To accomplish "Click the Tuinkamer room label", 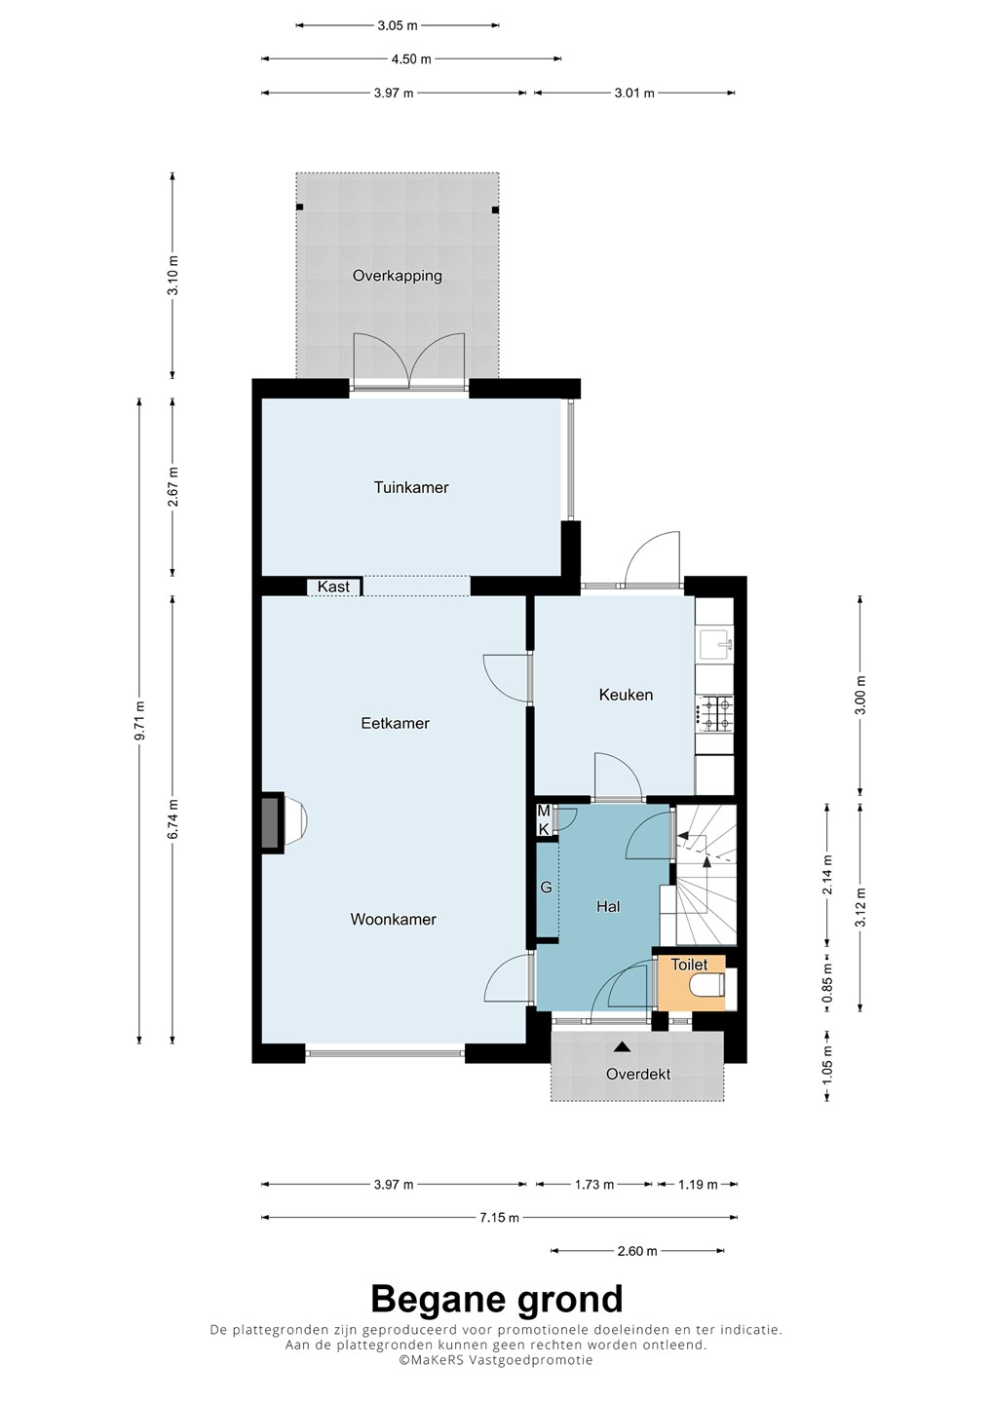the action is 411,487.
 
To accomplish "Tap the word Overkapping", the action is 397,276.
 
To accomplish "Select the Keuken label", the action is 626,695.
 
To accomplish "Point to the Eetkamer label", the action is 396,723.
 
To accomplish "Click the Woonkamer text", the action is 394,920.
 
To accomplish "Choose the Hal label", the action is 608,906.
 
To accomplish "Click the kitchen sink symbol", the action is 715,645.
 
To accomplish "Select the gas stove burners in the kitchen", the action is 716,714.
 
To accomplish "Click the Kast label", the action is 333,587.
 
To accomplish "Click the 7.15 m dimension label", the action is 499,1218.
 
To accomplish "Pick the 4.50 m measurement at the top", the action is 411,59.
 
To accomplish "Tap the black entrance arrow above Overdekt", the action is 622,1046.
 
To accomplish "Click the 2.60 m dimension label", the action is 637,1251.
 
